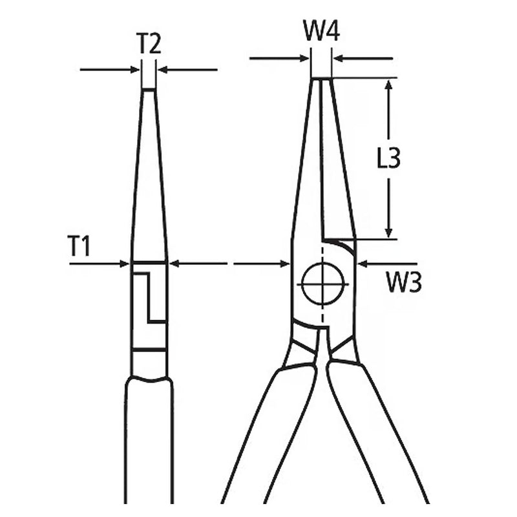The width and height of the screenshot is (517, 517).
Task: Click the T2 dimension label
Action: click(x=149, y=44)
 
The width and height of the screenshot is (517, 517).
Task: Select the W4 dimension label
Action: click(x=321, y=31)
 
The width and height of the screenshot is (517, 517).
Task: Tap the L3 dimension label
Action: click(x=388, y=158)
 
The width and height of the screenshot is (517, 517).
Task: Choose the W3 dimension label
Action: click(x=404, y=282)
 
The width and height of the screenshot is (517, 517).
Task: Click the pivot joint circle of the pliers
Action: click(x=322, y=284)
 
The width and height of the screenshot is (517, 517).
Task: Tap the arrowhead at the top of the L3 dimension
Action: click(x=388, y=86)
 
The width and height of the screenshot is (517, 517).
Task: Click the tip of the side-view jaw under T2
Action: click(x=149, y=91)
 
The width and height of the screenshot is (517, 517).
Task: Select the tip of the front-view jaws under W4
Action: click(x=321, y=80)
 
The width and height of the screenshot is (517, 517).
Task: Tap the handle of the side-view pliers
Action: click(x=149, y=446)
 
